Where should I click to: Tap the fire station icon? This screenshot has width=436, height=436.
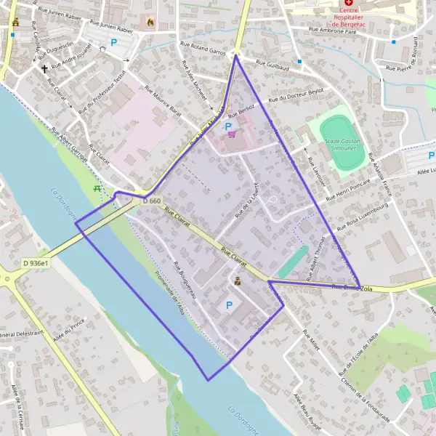pos(150,23)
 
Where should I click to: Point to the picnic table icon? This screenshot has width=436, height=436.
pos(97,188)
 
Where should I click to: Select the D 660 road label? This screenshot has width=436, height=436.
pos(150,201)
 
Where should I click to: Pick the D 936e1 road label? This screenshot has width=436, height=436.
pos(35,262)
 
